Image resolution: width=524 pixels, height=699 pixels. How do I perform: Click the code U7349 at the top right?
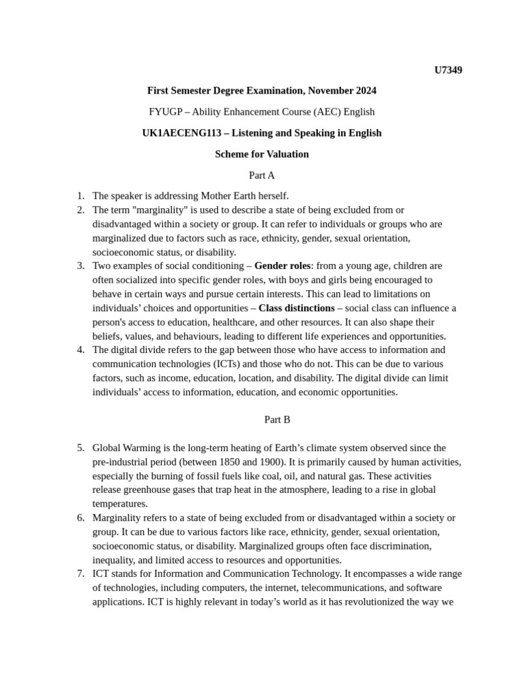pos(448,70)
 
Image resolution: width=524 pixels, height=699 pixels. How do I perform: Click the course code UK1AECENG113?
pos(179,133)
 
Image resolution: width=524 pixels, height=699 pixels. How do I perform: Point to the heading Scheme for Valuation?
pos(261,154)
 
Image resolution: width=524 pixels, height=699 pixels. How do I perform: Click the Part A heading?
pos(261,175)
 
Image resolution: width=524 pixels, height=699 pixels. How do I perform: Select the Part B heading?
pos(277,420)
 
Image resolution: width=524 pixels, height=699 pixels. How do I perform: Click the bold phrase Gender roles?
pos(282,266)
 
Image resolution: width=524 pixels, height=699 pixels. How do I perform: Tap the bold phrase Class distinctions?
pos(296,308)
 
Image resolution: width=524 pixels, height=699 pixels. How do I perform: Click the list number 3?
pos(81,266)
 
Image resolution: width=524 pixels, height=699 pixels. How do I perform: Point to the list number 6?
pos(81,518)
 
